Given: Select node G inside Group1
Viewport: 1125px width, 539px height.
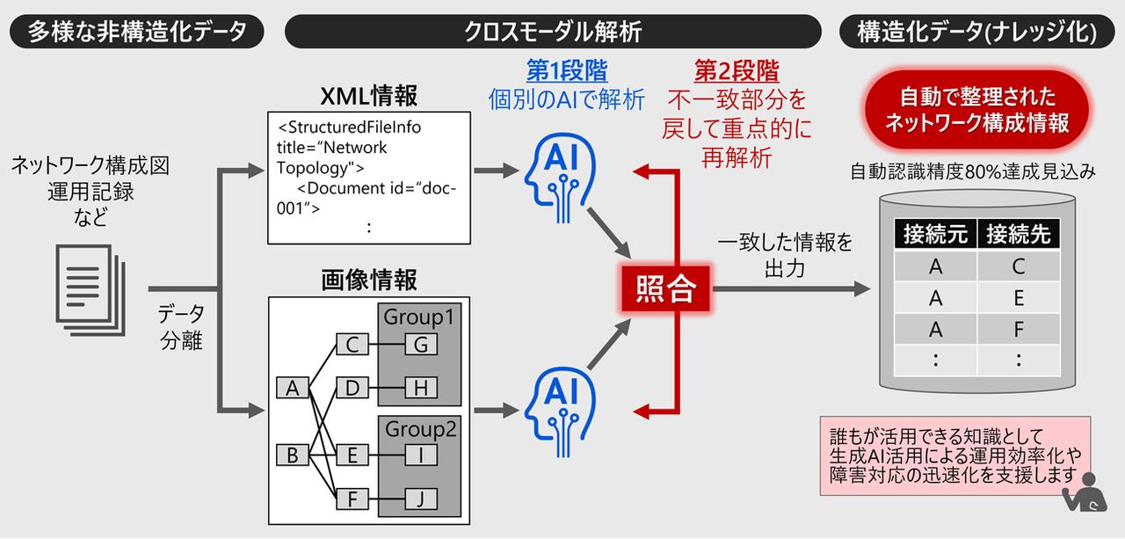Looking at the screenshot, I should pos(421,345).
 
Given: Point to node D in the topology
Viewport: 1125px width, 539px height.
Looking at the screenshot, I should pos(352,387).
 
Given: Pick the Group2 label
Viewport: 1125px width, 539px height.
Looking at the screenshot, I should pos(420,430).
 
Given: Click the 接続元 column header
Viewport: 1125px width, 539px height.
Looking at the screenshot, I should pos(935,235).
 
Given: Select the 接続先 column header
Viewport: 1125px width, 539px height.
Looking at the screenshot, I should pos(1018,235).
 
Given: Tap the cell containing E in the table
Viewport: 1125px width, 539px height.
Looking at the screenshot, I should pos(1018,298).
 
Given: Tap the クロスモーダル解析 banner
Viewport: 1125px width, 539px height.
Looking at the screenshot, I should pos(553,33).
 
